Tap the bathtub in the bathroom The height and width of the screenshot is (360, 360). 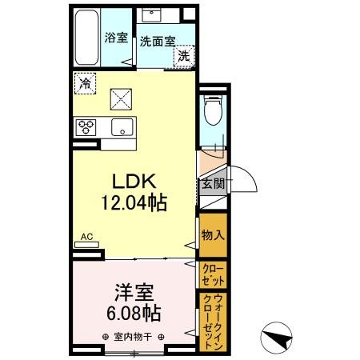tap(86, 40)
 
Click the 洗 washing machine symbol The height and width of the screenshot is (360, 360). tap(184, 56)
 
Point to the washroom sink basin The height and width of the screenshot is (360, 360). tap(151, 16)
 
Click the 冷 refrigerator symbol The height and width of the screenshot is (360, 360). tap(85, 82)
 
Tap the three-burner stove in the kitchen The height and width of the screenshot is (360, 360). tap(86, 126)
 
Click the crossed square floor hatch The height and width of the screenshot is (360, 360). tap(120, 98)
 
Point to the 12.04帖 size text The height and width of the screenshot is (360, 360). tap(134, 203)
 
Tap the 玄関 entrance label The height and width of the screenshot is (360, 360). tap(212, 183)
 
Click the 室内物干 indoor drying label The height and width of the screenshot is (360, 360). tap(133, 336)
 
